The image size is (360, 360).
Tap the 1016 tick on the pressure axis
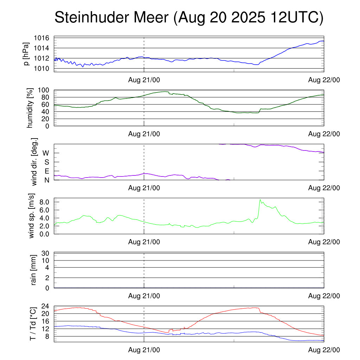[x=44, y=38]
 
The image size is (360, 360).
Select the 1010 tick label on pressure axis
[x=44, y=68]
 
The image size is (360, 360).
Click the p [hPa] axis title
[x=27, y=54]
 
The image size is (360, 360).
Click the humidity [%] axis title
[x=31, y=108]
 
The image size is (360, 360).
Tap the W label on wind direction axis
[x=46, y=153]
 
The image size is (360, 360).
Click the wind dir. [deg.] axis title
[x=34, y=162]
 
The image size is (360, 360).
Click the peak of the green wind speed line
[x=260, y=200]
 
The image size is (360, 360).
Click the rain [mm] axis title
[x=34, y=270]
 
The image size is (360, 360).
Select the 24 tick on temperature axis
[x=46, y=306]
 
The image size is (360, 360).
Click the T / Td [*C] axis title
[x=32, y=324]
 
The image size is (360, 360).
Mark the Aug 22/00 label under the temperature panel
[x=324, y=350]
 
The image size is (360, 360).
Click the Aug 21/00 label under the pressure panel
[x=144, y=80]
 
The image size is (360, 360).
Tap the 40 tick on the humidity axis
[x=46, y=111]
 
